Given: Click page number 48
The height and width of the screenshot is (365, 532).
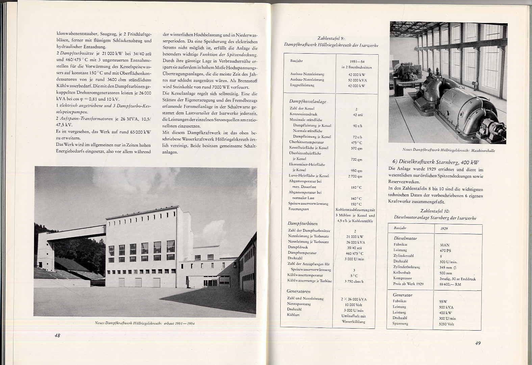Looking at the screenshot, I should (x=57, y=335).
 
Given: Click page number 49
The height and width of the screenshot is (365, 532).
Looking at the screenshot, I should (x=478, y=343).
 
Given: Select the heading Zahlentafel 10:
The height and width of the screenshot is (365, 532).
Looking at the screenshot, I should (x=435, y=211).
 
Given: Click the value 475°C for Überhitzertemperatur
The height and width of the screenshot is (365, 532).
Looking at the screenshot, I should (x=356, y=142).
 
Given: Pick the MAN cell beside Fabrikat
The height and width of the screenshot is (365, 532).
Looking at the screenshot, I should (x=445, y=245).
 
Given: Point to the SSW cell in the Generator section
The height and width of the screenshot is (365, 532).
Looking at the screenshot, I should (x=444, y=302).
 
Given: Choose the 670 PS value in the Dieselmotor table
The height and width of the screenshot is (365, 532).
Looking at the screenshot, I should (x=445, y=251).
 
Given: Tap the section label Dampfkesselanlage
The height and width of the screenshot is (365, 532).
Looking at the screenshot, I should (x=308, y=101).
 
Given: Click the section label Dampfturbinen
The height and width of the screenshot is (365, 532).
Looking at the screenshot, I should (x=302, y=223).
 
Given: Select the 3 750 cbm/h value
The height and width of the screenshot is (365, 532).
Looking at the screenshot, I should (x=354, y=281).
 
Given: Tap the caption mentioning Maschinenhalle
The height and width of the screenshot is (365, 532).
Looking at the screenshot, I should (x=449, y=150).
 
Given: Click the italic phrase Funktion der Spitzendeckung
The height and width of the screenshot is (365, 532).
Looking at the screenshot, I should (x=228, y=55).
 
